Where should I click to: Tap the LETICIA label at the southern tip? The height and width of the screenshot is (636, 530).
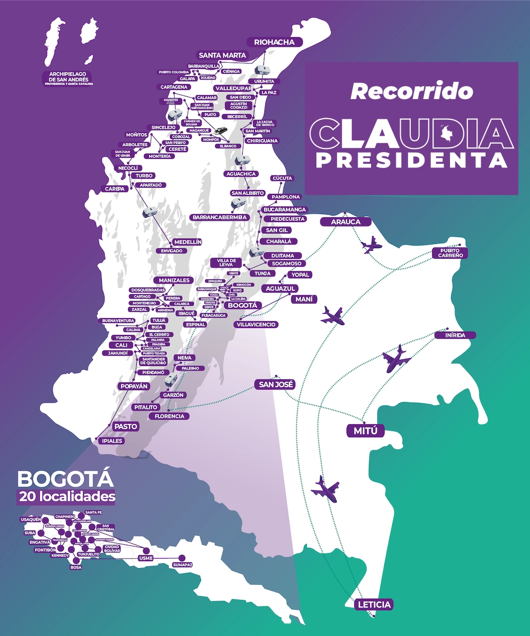(375, 605)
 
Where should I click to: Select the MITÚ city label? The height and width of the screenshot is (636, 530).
(366, 431)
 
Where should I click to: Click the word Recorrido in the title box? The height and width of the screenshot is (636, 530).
(411, 91)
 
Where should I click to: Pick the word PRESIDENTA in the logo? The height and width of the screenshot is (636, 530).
(411, 160)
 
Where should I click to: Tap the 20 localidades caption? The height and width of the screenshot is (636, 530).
(66, 497)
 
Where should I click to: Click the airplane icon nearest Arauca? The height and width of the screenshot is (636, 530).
(370, 245)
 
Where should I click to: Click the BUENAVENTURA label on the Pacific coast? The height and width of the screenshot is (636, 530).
(119, 321)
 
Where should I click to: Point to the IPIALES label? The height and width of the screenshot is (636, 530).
(111, 440)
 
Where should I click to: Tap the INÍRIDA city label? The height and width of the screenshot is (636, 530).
(455, 335)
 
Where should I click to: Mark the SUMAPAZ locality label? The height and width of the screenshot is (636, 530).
(182, 566)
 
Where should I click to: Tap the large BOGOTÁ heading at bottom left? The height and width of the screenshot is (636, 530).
(66, 479)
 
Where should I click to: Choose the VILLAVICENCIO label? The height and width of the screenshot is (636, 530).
(257, 324)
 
